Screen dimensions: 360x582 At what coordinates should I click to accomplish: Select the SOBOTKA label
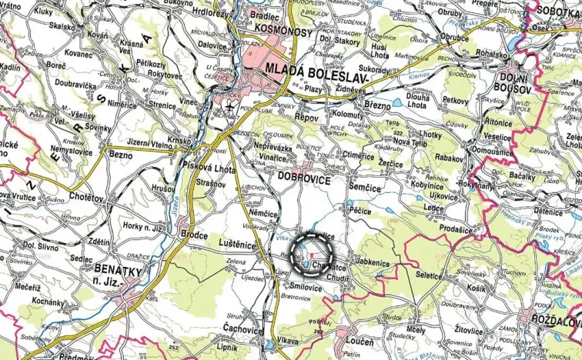pyautogui.click(x=557, y=12)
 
